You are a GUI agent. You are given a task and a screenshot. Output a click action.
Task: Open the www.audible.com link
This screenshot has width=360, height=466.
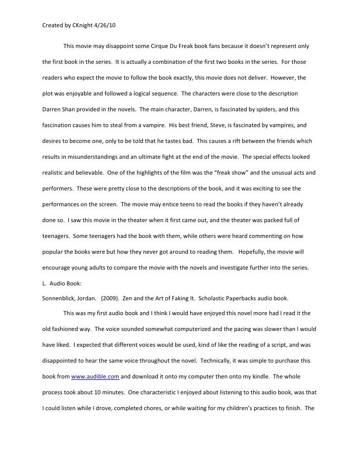click(x=95, y=377)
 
